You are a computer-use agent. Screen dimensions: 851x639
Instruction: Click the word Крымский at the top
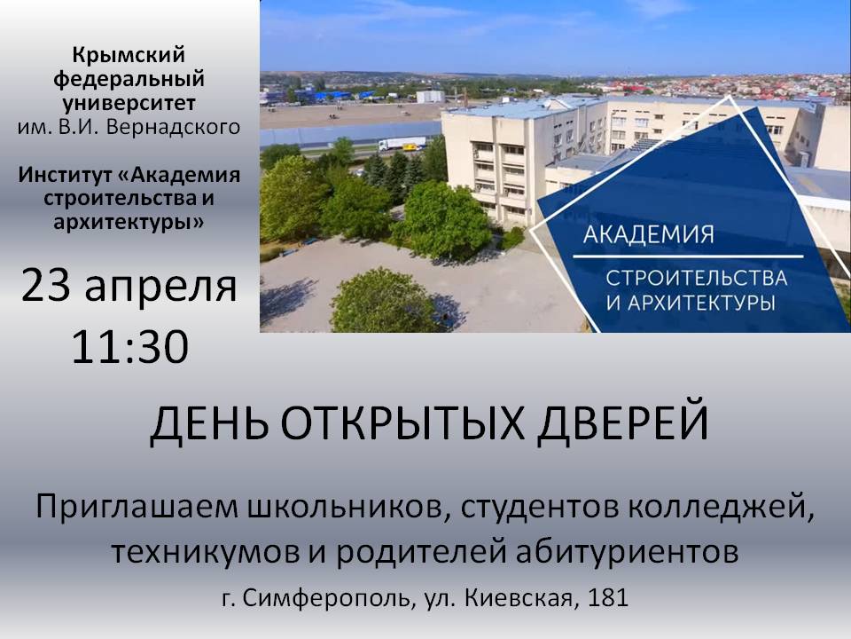pyautogui.click(x=129, y=55)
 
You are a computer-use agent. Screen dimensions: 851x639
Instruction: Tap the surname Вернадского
pyautogui.click(x=173, y=127)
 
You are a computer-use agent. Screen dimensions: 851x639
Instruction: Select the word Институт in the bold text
pyautogui.click(x=66, y=175)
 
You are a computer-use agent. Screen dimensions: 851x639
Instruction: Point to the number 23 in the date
pyautogui.click(x=46, y=287)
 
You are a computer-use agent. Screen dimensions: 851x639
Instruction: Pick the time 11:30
pyautogui.click(x=129, y=346)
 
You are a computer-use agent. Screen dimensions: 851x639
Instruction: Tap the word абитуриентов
pyautogui.click(x=627, y=552)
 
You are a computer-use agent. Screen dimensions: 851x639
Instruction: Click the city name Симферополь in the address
pyautogui.click(x=324, y=598)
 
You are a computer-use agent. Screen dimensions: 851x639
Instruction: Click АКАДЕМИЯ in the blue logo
pyautogui.click(x=649, y=234)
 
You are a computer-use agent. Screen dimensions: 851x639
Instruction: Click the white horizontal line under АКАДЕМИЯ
pyautogui.click(x=688, y=256)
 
